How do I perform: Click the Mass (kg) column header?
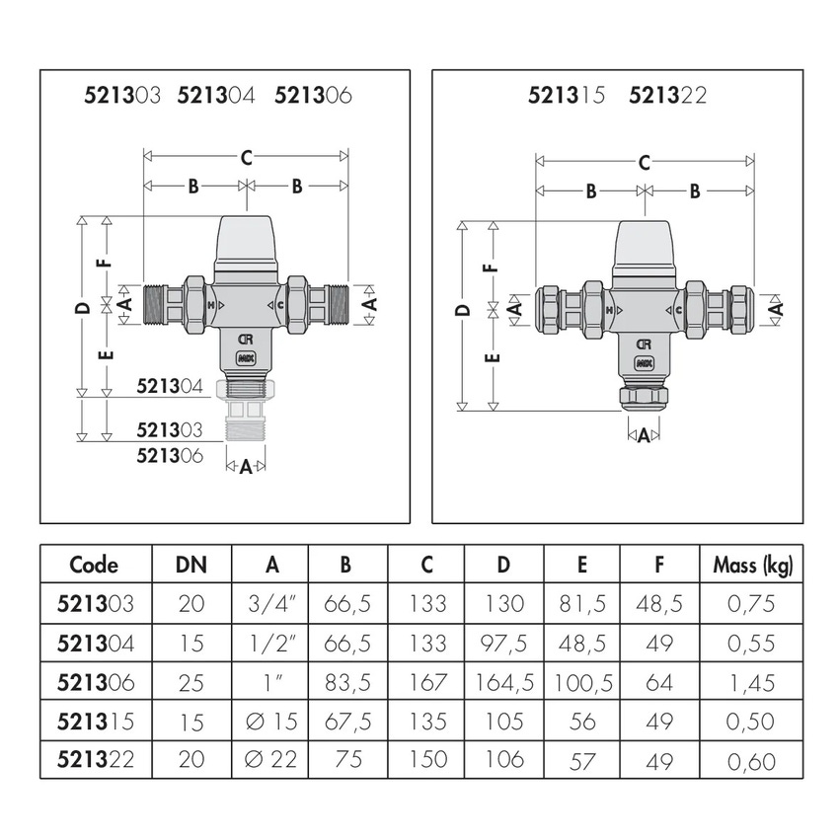pos(752,565)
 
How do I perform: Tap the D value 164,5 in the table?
pos(504,681)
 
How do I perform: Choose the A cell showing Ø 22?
pos(270,759)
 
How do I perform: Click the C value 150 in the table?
pos(426,759)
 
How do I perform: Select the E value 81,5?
pos(582,603)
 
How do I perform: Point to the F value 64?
pos(660,681)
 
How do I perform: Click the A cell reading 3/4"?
pos(270,603)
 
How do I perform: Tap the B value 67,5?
pos(348,721)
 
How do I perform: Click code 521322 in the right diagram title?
pos(667,96)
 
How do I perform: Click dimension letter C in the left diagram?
pos(246,157)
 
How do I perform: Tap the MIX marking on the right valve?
pos(644,362)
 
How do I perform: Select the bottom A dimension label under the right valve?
pos(644,434)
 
